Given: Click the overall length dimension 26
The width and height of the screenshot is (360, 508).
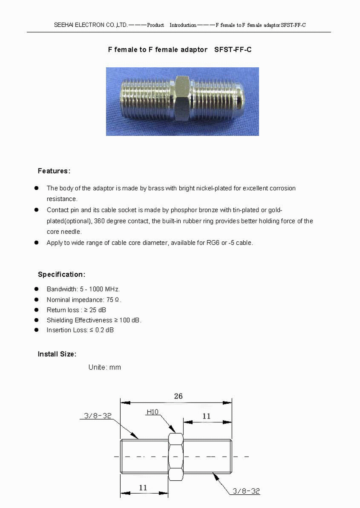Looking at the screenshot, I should (x=178, y=396).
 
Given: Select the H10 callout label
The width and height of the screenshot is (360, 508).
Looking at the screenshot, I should (x=152, y=412).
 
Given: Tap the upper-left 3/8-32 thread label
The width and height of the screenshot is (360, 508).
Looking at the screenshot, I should (x=98, y=416).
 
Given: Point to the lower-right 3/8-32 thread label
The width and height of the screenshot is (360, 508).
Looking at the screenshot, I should (x=246, y=491).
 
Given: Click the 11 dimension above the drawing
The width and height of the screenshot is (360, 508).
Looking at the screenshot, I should (x=206, y=416).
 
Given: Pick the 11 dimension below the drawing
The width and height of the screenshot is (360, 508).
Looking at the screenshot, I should (x=143, y=488).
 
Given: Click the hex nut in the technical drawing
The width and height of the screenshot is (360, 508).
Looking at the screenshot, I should (x=176, y=457).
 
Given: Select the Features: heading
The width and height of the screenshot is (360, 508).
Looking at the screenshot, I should (x=54, y=171).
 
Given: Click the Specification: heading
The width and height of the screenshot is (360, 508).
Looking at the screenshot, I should (x=62, y=275).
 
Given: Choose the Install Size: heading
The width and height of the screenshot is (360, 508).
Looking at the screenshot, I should (x=57, y=354).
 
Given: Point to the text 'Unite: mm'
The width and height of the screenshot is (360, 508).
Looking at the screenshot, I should (x=105, y=367).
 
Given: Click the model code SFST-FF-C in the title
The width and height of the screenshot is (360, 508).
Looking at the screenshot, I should (x=233, y=50).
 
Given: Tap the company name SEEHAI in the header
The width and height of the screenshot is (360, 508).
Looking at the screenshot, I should (x=63, y=25).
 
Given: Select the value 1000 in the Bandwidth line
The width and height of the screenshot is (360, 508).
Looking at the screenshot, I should (x=96, y=289).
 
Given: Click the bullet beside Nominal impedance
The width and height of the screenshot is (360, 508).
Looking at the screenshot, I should (x=36, y=300).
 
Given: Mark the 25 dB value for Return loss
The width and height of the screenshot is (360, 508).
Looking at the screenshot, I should (x=98, y=310).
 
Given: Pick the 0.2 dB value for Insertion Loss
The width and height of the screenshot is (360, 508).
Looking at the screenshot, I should (x=104, y=330).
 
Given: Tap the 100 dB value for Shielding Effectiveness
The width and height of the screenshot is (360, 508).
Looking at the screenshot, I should (x=130, y=320).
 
